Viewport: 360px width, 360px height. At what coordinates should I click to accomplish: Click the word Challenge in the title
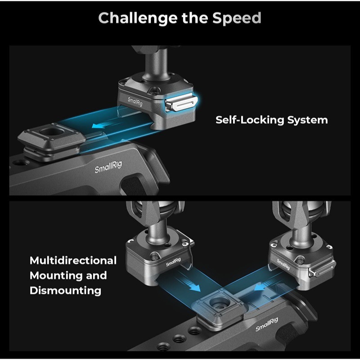pyautogui.click(x=138, y=18)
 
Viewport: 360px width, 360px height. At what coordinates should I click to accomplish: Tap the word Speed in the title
pyautogui.click(x=237, y=18)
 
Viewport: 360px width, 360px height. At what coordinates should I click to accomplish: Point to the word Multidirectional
pyautogui.click(x=73, y=261)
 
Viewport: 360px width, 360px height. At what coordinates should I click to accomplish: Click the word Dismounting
pyautogui.click(x=65, y=291)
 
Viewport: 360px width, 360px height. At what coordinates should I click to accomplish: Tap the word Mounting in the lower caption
pyautogui.click(x=56, y=275)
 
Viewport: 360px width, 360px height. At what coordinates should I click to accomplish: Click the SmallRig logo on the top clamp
pyautogui.click(x=135, y=102)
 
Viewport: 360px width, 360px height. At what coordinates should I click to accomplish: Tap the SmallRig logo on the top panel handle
pyautogui.click(x=108, y=166)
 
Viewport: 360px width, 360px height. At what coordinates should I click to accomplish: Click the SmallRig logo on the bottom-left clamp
pyautogui.click(x=173, y=262)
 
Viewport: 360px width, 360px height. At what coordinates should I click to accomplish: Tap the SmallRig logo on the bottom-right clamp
pyautogui.click(x=283, y=264)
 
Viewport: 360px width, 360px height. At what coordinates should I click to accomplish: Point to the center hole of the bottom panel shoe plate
pyautogui.click(x=220, y=302)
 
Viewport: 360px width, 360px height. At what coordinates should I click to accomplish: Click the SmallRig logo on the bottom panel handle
pyautogui.click(x=267, y=324)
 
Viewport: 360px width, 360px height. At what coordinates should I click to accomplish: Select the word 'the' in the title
pyautogui.click(x=195, y=18)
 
